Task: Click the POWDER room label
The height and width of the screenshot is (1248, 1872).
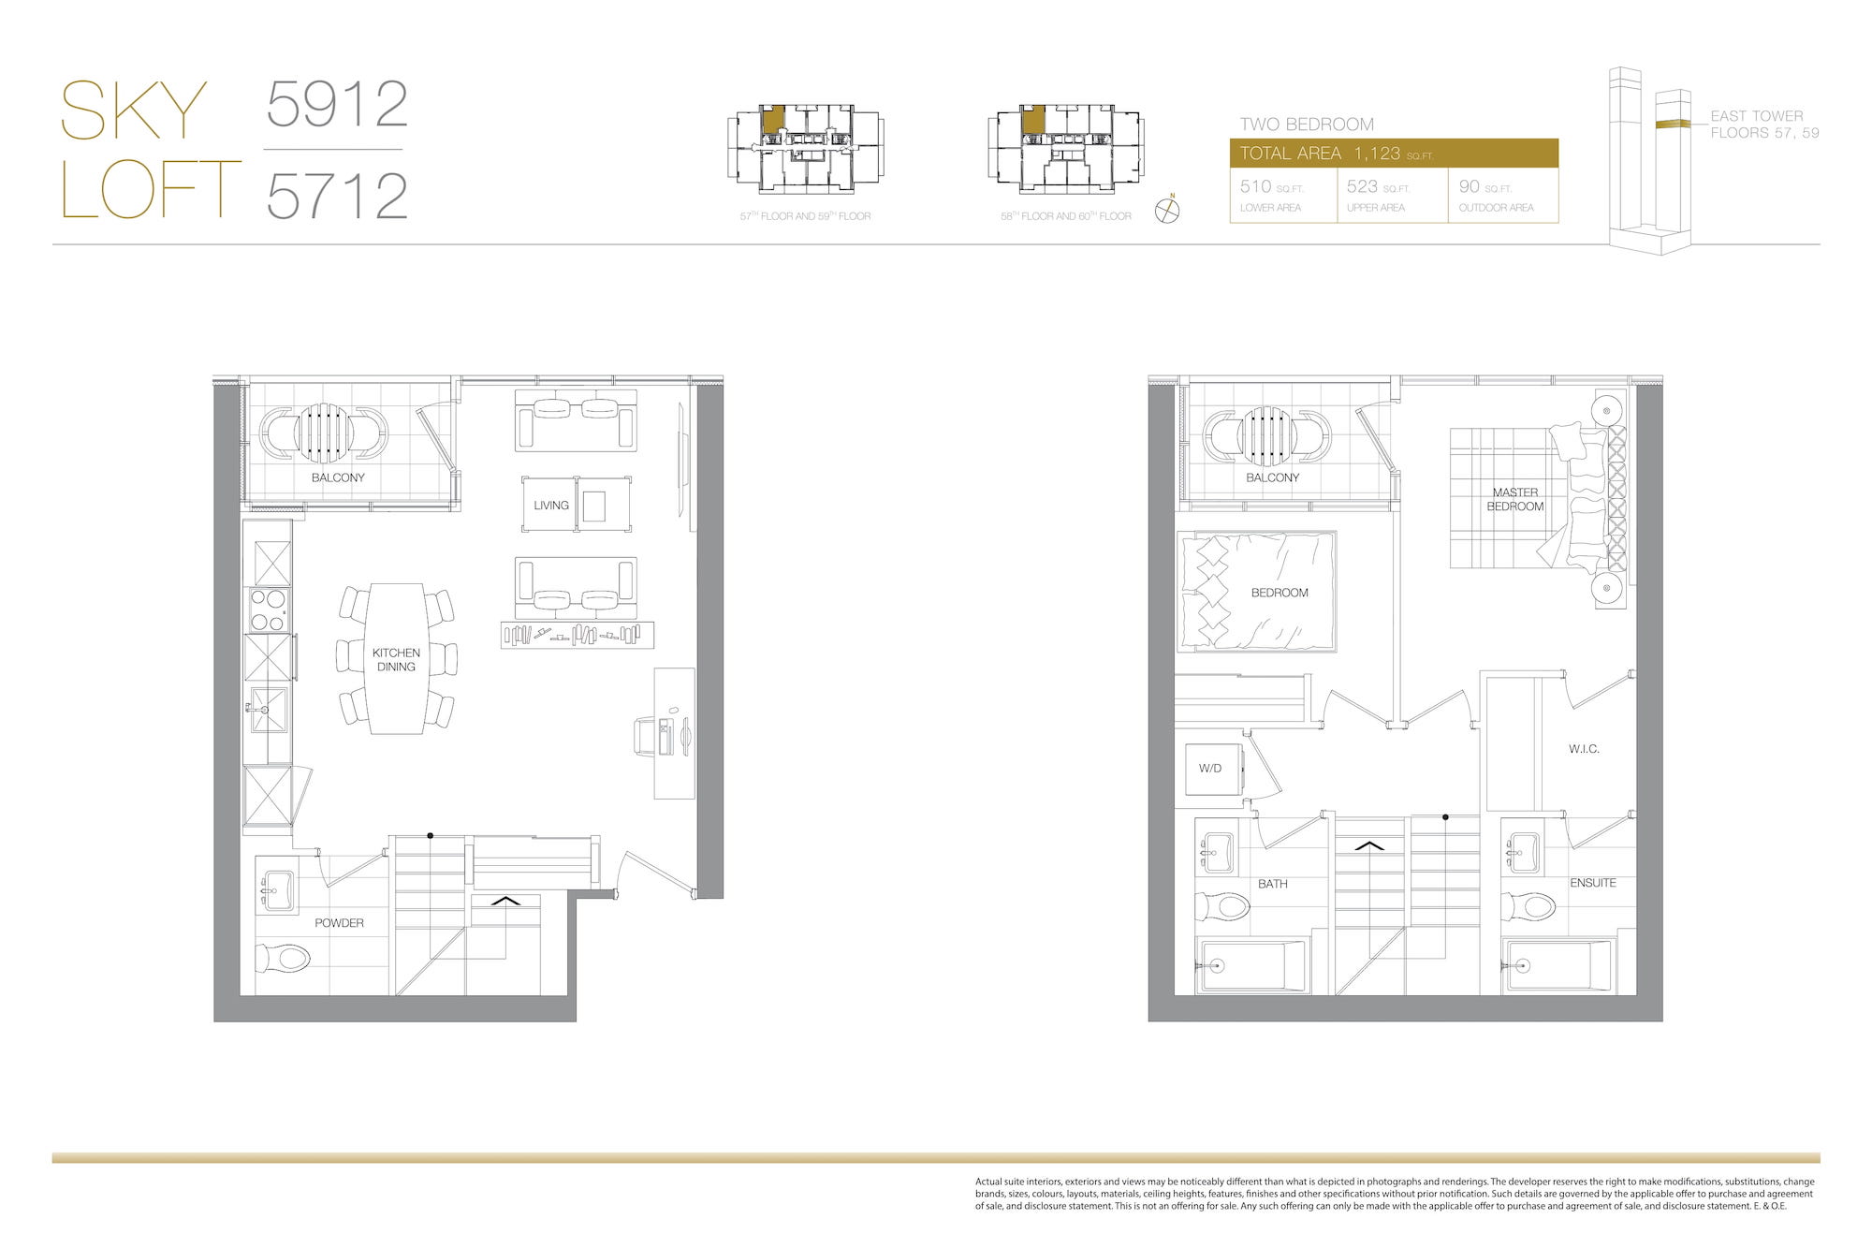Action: (339, 923)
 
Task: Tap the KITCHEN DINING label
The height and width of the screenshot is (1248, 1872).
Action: (396, 660)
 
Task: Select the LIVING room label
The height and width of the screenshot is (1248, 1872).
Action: (551, 506)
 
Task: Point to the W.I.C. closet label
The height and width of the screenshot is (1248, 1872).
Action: (1584, 749)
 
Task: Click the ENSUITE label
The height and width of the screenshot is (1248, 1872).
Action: (1593, 883)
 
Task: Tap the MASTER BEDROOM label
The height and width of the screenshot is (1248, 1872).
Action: (1515, 499)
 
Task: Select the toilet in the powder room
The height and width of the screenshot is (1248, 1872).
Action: (283, 958)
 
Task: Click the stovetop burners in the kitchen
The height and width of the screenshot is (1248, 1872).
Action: (269, 609)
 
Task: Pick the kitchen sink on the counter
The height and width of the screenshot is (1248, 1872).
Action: (268, 710)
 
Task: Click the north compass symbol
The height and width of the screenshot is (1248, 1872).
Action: (1167, 210)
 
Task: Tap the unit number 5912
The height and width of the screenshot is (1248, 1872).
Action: (337, 104)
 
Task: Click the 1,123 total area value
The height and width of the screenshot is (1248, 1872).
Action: (1377, 154)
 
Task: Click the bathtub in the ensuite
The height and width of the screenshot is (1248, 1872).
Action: (1558, 965)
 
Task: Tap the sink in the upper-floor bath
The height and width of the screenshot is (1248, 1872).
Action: (1216, 852)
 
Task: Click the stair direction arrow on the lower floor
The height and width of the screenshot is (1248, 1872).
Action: (505, 901)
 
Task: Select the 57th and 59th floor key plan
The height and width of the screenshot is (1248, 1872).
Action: (805, 148)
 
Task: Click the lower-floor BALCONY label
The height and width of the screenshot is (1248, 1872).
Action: (338, 477)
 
